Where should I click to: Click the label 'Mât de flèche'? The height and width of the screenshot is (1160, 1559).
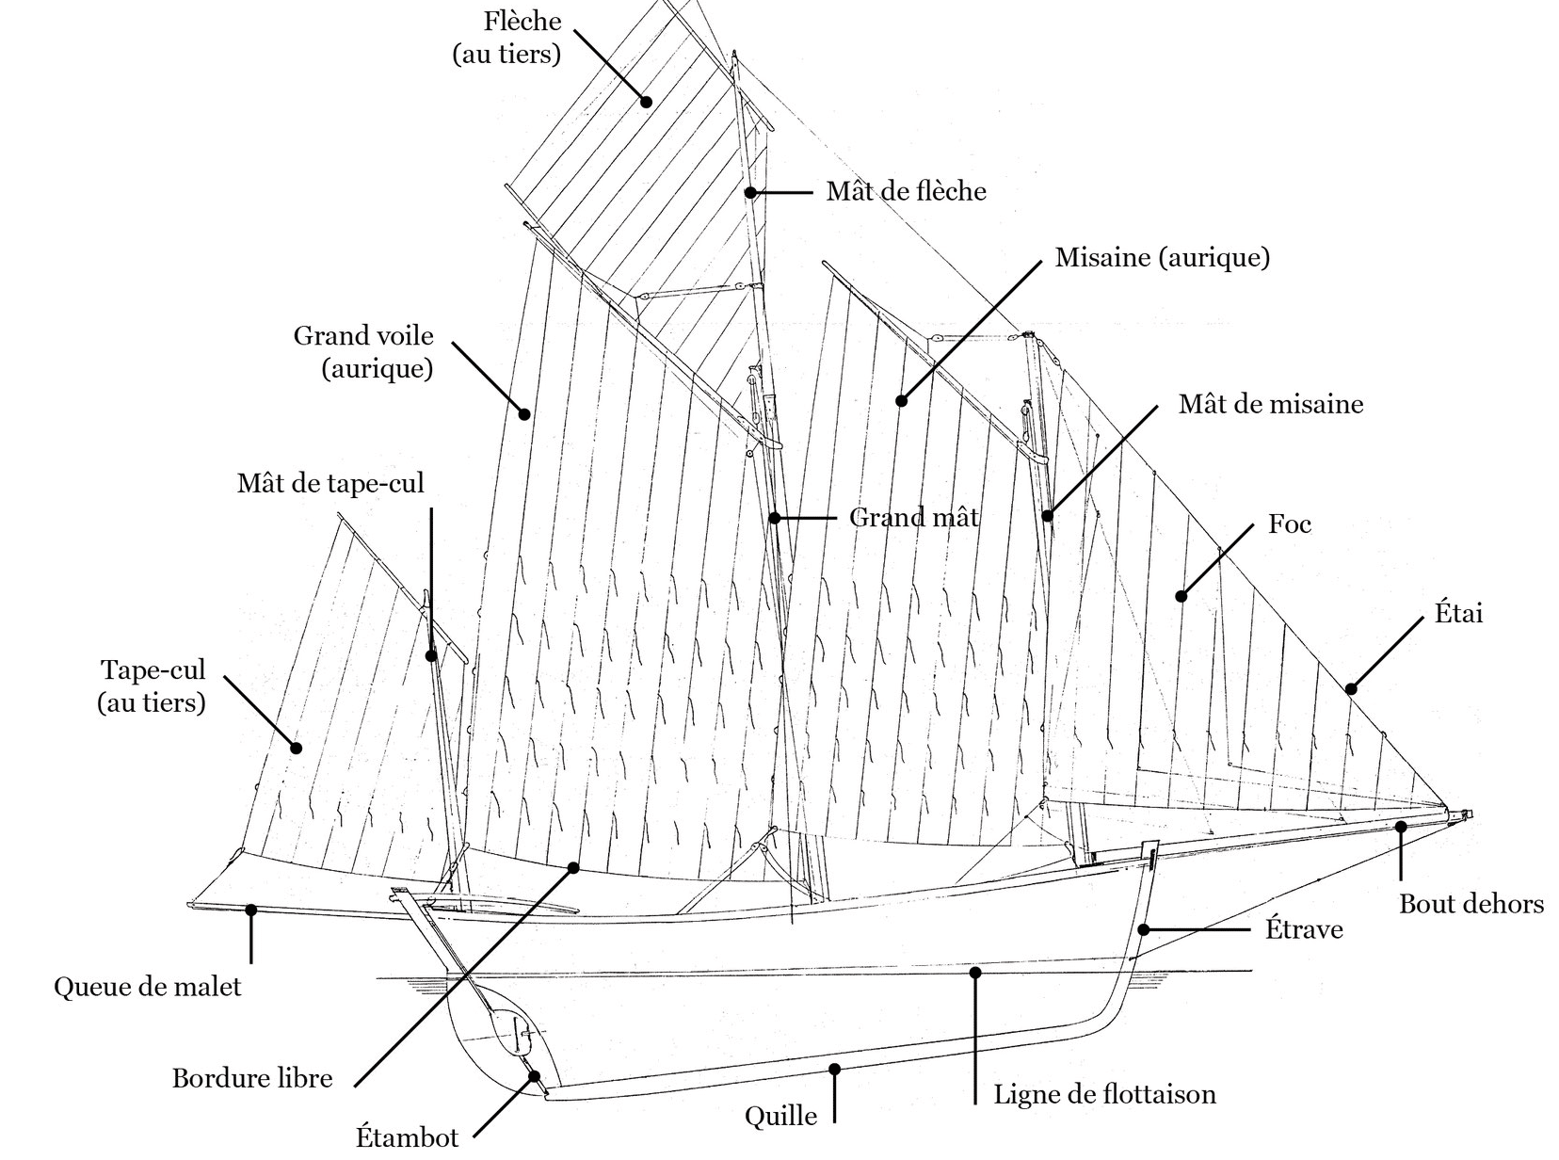[x=906, y=191]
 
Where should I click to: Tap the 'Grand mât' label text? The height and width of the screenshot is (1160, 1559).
[x=913, y=517]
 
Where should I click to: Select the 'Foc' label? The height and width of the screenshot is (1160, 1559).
[x=1289, y=524]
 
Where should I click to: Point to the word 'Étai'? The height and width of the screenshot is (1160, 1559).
[x=1458, y=614]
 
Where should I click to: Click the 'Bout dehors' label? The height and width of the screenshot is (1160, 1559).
[x=1471, y=905]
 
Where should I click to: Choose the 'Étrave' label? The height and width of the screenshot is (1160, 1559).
[x=1303, y=930]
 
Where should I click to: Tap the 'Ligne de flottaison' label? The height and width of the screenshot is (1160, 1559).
[x=1104, y=1094]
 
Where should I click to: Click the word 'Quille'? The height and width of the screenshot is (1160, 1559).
[x=780, y=1117]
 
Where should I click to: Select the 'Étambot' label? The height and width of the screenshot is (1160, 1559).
[x=407, y=1137]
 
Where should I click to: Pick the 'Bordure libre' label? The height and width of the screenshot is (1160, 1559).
[x=252, y=1078]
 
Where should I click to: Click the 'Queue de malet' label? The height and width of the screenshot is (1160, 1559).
[x=148, y=987]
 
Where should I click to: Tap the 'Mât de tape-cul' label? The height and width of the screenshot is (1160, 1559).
[x=330, y=484]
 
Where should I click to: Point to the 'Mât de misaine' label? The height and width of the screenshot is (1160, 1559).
[x=1270, y=404]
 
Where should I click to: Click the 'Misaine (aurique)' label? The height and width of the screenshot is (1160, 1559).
[x=1162, y=257]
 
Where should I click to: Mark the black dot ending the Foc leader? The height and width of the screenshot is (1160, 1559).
[x=1181, y=596]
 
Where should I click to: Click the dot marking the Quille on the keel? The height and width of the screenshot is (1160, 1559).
[x=834, y=1069]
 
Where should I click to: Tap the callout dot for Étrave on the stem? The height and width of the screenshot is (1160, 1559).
[x=1143, y=929]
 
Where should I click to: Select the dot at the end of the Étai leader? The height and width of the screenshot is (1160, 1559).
[x=1351, y=689]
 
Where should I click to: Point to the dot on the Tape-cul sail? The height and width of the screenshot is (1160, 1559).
[x=296, y=749]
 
